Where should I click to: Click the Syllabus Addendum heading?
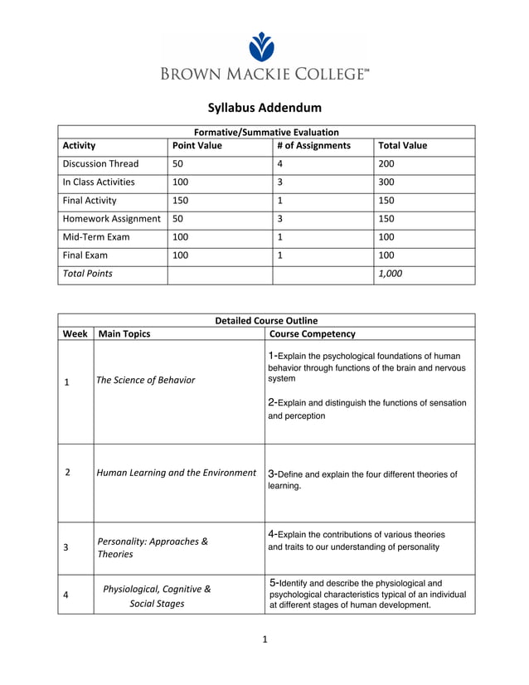click(x=264, y=108)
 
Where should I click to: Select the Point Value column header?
click(x=197, y=146)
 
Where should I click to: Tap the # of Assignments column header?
click(x=313, y=146)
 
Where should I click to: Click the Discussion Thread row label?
click(x=100, y=164)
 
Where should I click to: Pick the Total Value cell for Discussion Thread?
click(x=386, y=164)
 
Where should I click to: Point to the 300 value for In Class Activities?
click(x=386, y=182)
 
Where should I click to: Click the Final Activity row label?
click(x=90, y=201)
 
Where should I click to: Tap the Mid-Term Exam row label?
click(x=95, y=237)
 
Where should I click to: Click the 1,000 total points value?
click(x=390, y=274)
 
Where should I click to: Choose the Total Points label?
click(x=87, y=274)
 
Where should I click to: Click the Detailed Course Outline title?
click(x=265, y=320)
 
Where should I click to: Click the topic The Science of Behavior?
click(x=146, y=381)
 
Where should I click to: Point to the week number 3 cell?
click(x=66, y=548)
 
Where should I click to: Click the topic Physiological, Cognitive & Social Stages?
click(x=157, y=596)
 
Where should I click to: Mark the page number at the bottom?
click(x=264, y=639)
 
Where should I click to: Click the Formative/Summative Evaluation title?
click(x=265, y=132)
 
